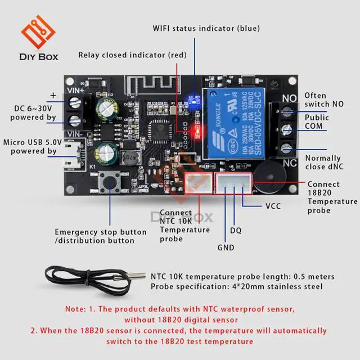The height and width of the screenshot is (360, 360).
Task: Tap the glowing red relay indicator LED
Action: (x=196, y=132)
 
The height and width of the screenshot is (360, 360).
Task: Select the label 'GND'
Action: (x=225, y=247)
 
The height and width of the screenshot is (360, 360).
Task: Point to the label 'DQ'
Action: (x=236, y=229)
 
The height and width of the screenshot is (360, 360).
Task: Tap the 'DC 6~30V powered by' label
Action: (x=34, y=113)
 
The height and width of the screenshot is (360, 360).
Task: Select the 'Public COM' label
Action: (x=317, y=123)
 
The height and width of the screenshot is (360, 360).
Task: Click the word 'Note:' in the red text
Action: (x=76, y=309)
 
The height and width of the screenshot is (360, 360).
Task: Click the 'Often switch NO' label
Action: (x=323, y=100)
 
